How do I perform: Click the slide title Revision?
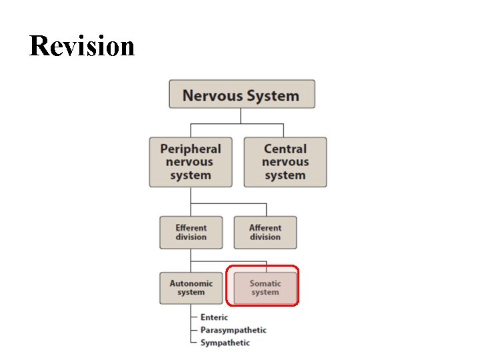tap(82, 46)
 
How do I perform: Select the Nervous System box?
tap(241, 94)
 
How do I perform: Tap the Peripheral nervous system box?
tap(191, 162)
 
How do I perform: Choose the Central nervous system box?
tap(285, 162)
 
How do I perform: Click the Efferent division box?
tap(191, 233)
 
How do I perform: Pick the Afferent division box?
tap(265, 233)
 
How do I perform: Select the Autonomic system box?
tap(191, 288)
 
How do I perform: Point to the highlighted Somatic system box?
tap(265, 288)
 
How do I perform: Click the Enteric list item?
tap(214, 317)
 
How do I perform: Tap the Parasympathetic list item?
tap(233, 330)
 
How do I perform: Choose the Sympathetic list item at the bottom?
tap(225, 343)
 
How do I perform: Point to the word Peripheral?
tap(191, 149)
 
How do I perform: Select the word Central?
tap(285, 149)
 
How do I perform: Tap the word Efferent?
tap(191, 227)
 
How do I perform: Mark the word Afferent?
tap(265, 227)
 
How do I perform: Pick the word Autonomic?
tap(191, 283)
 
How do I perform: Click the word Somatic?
tap(265, 283)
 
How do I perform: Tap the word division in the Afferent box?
tap(265, 237)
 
